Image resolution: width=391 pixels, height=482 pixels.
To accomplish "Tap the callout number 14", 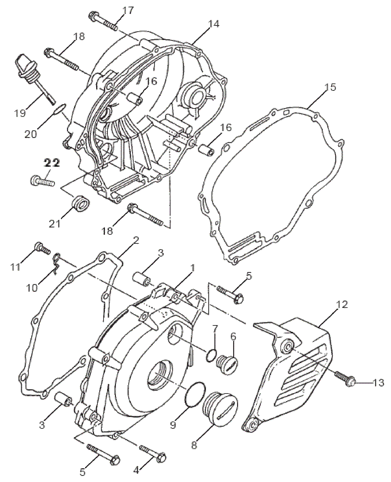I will pos(213,24).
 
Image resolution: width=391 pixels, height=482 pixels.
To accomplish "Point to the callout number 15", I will pos(330,87).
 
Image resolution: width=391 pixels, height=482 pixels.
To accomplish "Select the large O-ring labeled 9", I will pos(194,394).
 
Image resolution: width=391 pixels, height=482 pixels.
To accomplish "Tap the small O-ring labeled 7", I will pos(211,354).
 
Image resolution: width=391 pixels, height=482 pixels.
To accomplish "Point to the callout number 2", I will pos(136,240).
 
